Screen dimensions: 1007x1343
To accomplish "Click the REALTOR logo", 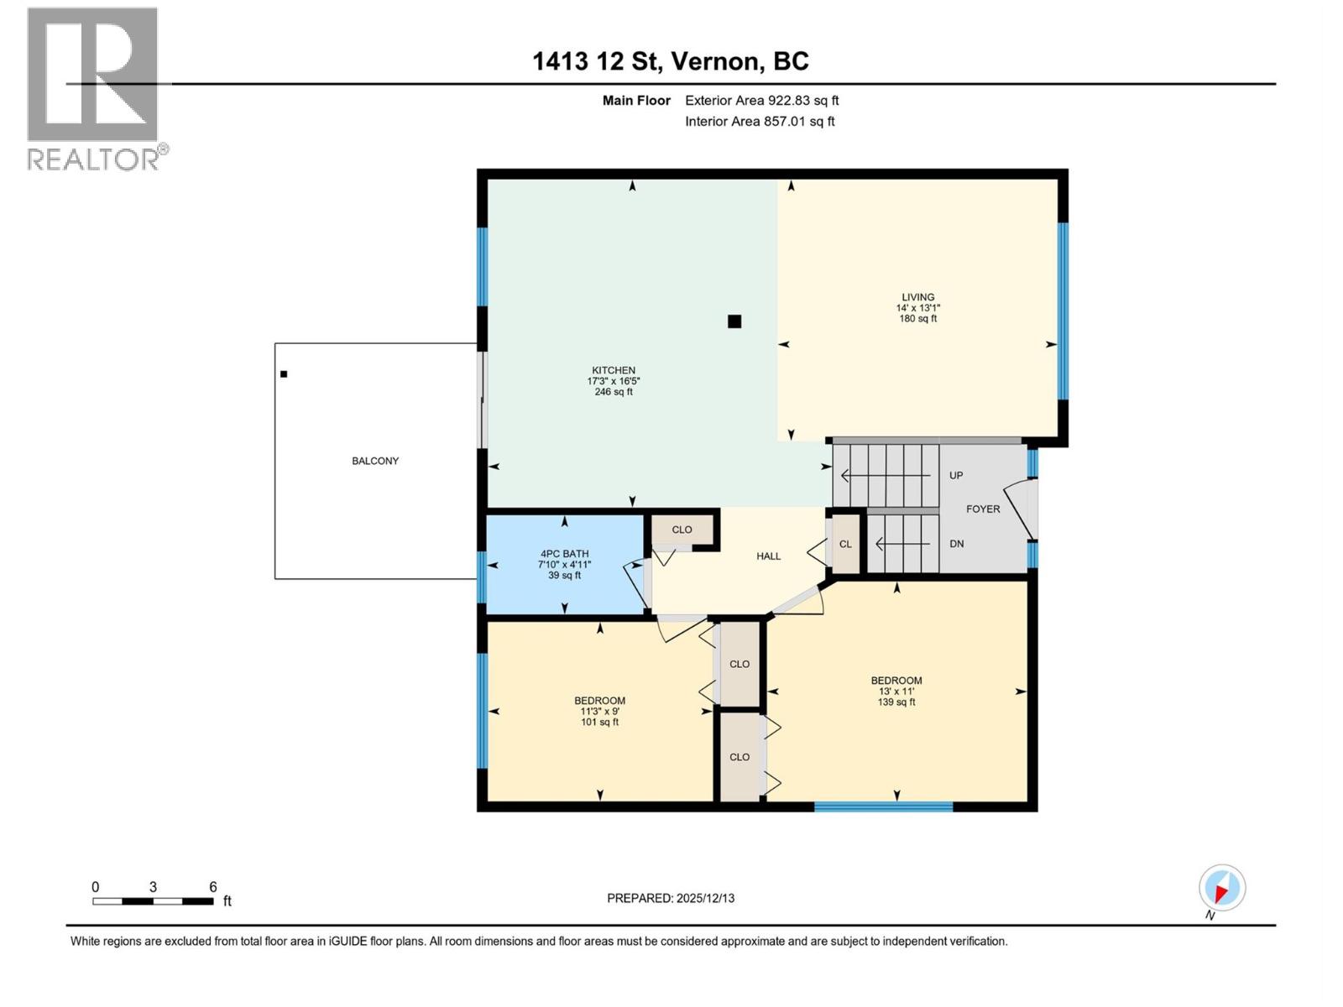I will pyautogui.click(x=94, y=88).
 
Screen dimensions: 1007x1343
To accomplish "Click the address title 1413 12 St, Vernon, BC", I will pyautogui.click(x=671, y=61).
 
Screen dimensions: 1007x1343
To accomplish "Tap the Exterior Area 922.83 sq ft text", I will pyautogui.click(x=761, y=101).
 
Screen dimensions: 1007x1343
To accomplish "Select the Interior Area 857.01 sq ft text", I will pyautogui.click(x=760, y=122).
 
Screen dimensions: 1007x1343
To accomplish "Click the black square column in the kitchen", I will pyautogui.click(x=734, y=321).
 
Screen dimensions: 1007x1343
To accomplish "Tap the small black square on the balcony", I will pyautogui.click(x=284, y=374).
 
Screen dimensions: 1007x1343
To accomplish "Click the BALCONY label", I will pyautogui.click(x=375, y=461).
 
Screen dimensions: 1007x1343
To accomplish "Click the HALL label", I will pyautogui.click(x=768, y=556).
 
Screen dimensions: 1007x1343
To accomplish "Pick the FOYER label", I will pyautogui.click(x=983, y=509).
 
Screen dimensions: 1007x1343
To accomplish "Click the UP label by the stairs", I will pyautogui.click(x=956, y=476).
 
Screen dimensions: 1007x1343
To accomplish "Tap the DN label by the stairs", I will pyautogui.click(x=956, y=544).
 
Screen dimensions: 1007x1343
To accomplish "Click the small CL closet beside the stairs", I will pyautogui.click(x=845, y=545).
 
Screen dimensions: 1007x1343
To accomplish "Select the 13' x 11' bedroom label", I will pyautogui.click(x=896, y=691).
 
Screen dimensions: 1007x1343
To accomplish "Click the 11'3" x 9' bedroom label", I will pyautogui.click(x=599, y=712).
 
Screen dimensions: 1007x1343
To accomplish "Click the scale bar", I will pyautogui.click(x=153, y=901).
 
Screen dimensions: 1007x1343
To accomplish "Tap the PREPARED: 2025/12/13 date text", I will pyautogui.click(x=671, y=898).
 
